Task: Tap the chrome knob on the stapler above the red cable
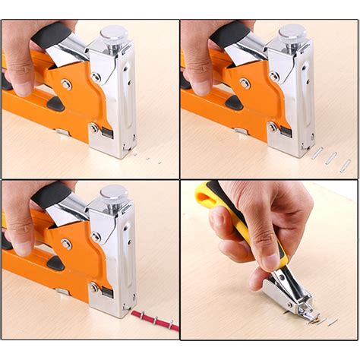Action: pos(113,195)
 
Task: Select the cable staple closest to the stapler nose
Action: pos(140,314)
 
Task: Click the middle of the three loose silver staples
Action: pos(330,158)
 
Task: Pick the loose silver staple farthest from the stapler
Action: pos(345,165)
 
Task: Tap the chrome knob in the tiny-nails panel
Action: pos(113,34)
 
